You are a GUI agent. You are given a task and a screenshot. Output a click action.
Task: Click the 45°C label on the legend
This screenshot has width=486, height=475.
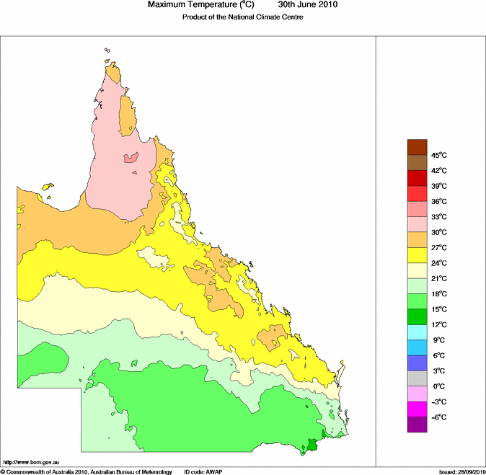click(440, 156)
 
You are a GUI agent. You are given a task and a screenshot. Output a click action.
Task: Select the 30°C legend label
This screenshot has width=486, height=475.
click(440, 232)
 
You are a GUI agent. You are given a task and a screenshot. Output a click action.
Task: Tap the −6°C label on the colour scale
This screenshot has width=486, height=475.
click(439, 417)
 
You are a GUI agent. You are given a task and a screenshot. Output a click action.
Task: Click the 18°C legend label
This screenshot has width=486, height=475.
click(440, 294)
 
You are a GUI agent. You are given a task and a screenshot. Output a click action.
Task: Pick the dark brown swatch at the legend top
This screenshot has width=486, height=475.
click(417, 147)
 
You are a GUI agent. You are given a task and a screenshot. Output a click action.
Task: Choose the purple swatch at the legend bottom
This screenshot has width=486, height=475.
click(417, 425)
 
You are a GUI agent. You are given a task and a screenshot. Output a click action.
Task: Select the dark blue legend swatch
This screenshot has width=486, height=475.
click(417, 363)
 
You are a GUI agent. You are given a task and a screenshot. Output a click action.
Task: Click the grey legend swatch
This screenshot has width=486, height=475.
click(417, 378)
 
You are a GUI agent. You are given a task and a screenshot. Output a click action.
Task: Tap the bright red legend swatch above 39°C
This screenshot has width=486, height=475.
click(417, 193)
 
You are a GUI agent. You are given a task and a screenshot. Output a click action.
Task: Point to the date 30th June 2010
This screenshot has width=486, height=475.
click(303, 5)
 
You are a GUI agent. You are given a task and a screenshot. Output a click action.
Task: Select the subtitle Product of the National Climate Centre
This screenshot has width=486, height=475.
click(242, 17)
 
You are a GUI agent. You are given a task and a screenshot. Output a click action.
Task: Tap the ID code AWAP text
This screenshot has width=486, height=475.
click(205, 471)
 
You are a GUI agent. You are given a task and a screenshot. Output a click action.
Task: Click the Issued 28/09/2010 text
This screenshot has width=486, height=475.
click(461, 471)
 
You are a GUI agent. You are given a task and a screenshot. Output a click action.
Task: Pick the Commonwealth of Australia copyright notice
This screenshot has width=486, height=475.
click(87, 471)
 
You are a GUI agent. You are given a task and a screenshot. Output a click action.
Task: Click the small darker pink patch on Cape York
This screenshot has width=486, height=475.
click(131, 158)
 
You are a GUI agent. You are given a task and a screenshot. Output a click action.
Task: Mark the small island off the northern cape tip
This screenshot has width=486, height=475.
click(106, 50)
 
